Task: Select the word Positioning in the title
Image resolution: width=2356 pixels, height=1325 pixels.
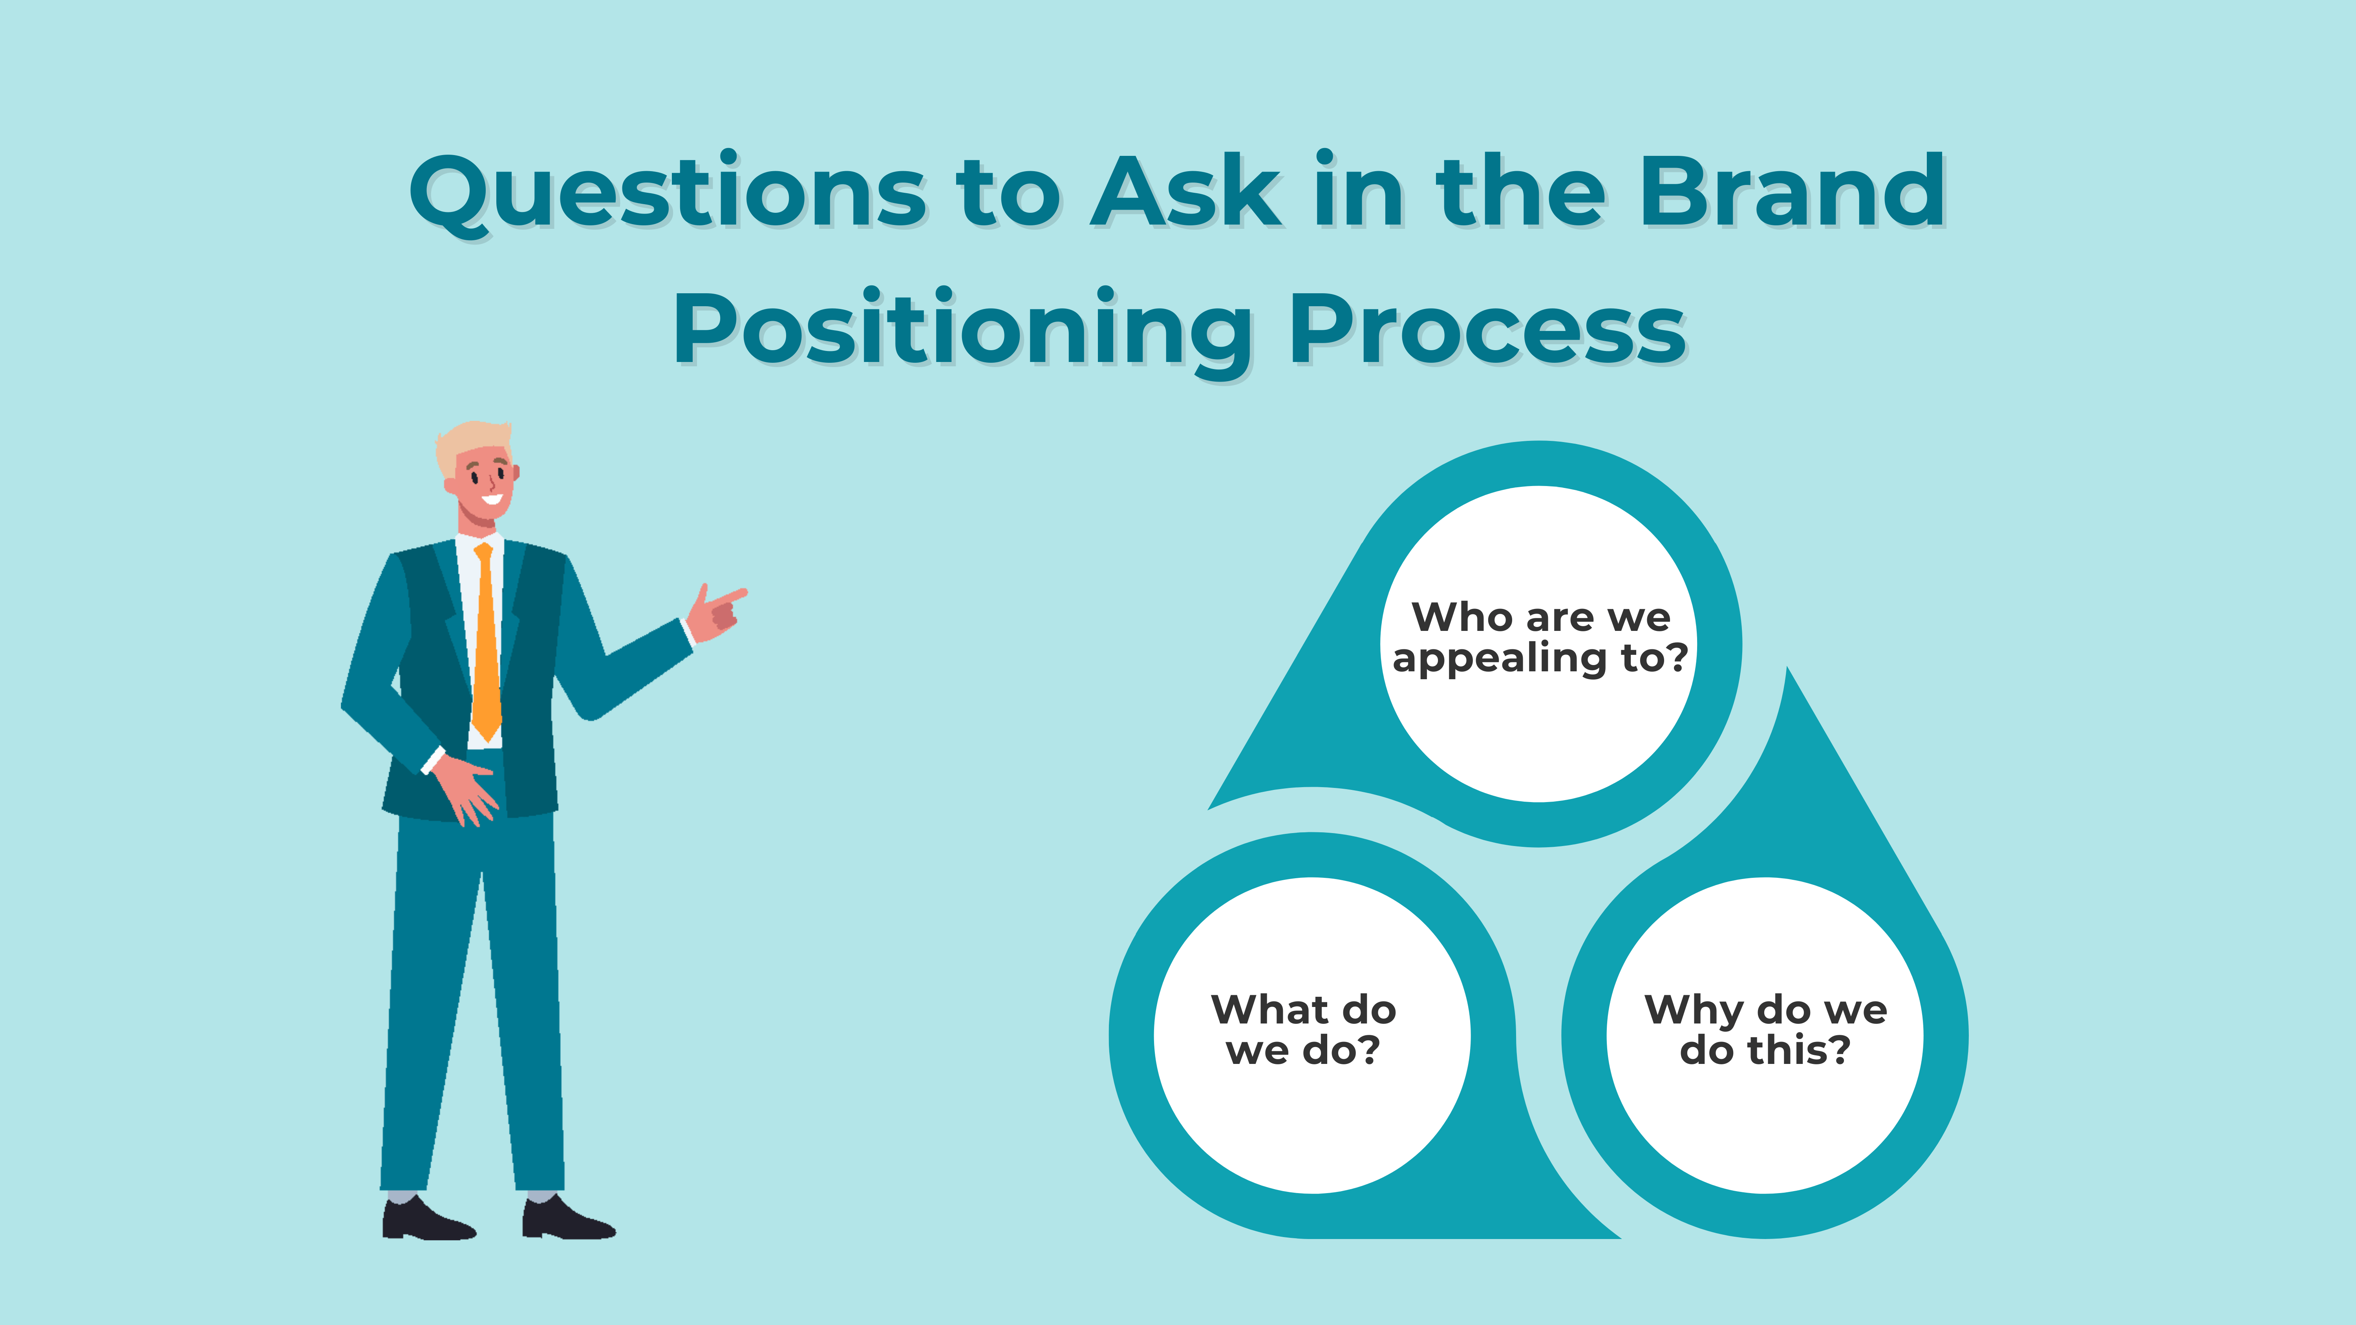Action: click(962, 331)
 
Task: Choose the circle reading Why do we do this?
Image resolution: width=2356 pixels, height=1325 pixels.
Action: click(1765, 1035)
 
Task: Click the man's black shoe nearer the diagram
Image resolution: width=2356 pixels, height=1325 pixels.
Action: click(567, 1218)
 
